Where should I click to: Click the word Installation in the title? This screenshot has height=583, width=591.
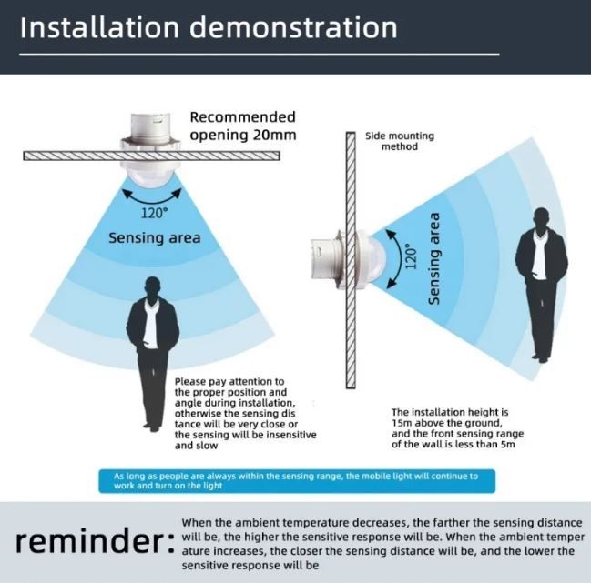click(99, 27)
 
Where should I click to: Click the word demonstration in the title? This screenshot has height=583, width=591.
click(293, 27)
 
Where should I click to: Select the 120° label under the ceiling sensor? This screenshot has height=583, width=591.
click(154, 213)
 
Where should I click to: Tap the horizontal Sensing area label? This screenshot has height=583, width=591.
click(155, 238)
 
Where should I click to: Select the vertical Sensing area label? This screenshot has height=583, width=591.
click(434, 258)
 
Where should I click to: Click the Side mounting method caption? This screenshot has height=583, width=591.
click(400, 141)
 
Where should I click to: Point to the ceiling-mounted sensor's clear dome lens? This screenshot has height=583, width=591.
click(151, 177)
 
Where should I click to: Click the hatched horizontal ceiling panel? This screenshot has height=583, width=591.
click(151, 156)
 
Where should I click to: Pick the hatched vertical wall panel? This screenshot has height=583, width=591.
click(351, 260)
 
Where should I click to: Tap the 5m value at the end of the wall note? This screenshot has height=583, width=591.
click(508, 444)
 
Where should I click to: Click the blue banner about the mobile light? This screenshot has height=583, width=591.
click(297, 481)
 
